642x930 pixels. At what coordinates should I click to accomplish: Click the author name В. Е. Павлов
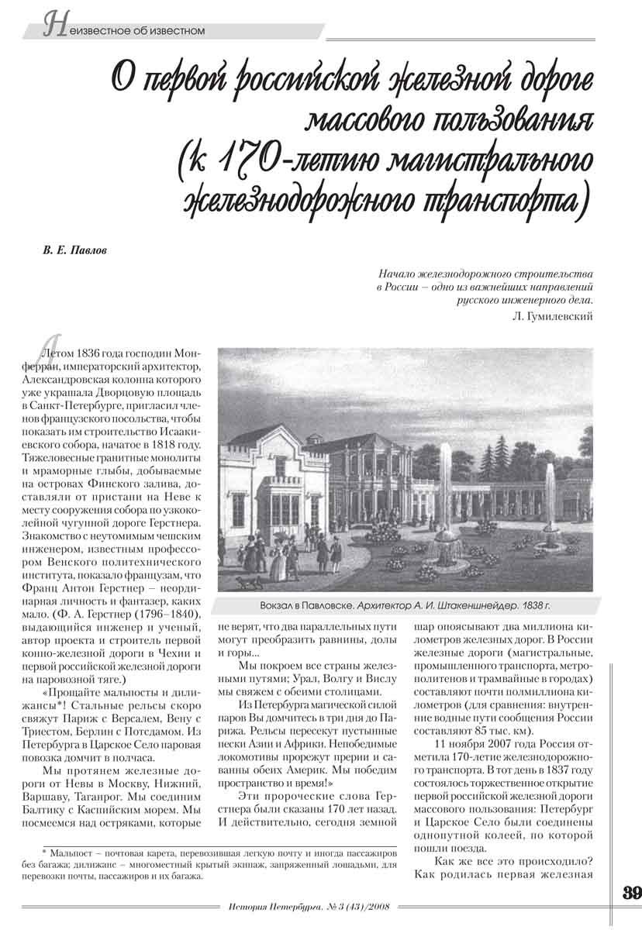pyautogui.click(x=75, y=253)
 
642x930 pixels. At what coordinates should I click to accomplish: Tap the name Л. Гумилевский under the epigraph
pyautogui.click(x=554, y=315)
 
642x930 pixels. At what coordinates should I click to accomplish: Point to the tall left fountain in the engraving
pyautogui.click(x=445, y=496)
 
